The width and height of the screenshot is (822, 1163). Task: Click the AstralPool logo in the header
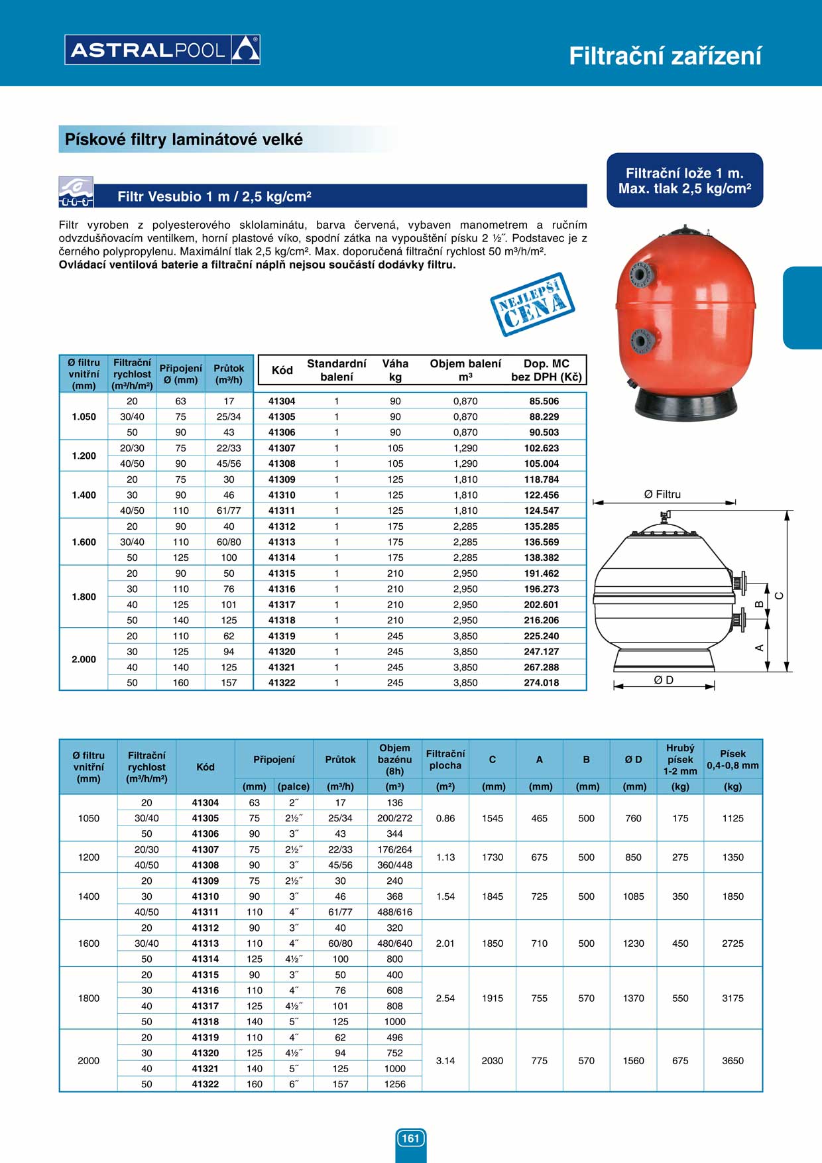[162, 50]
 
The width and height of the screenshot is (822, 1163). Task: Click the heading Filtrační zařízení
[665, 56]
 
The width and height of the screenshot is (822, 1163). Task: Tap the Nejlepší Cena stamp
[532, 304]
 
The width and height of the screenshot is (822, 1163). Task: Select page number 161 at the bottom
[410, 1138]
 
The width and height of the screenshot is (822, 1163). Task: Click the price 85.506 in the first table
[544, 401]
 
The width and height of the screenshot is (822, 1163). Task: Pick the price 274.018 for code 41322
[541, 682]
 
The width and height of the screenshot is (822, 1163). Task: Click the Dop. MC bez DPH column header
[546, 370]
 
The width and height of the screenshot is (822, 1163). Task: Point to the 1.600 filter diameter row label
[84, 542]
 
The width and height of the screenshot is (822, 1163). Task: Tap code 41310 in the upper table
[282, 495]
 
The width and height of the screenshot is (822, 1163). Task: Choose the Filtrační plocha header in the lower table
[445, 760]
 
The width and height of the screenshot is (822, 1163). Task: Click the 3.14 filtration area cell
[445, 1060]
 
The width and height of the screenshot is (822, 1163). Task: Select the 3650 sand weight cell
[733, 1060]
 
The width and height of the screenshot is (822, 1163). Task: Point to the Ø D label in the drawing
[664, 680]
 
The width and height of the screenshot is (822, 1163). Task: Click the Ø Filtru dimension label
[662, 495]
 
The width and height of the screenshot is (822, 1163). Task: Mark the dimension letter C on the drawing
[779, 595]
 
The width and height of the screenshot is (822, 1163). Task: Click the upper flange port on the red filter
[640, 274]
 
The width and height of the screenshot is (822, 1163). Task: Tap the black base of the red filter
[685, 404]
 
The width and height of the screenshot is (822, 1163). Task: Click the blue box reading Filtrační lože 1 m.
[685, 180]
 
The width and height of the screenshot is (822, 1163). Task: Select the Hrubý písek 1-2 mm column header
[680, 760]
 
